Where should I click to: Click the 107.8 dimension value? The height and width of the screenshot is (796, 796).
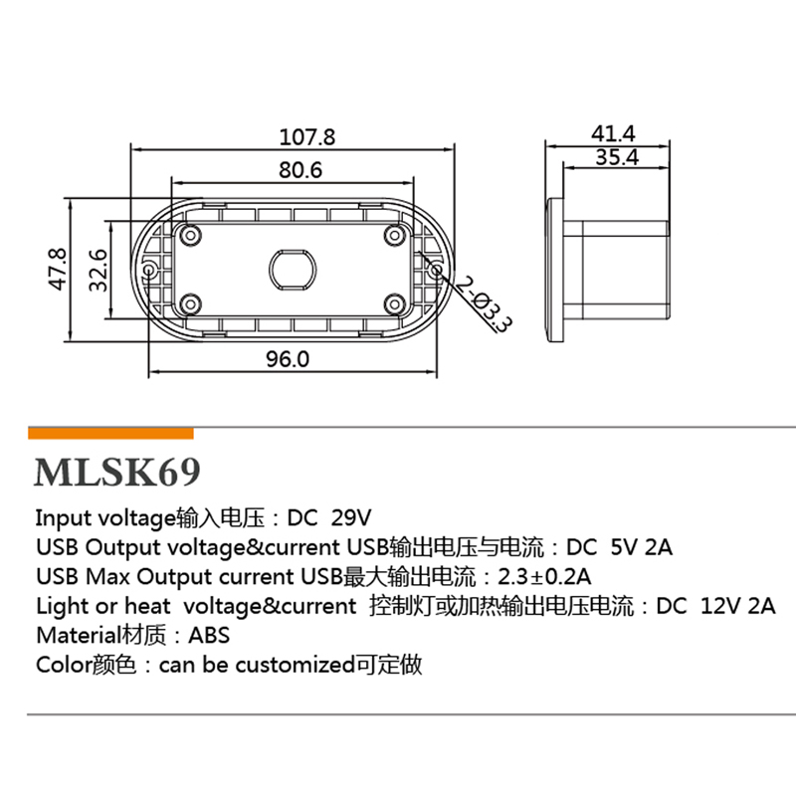click(x=307, y=137)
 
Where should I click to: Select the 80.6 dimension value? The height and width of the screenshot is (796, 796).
click(x=300, y=170)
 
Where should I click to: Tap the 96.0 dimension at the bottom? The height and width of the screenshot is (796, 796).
click(x=288, y=359)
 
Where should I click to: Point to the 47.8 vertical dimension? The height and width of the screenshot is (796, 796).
click(x=58, y=269)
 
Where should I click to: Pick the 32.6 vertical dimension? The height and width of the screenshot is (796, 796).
click(x=98, y=270)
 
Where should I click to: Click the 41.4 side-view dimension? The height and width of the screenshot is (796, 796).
click(x=613, y=133)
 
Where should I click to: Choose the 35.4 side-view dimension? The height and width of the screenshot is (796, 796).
click(x=617, y=157)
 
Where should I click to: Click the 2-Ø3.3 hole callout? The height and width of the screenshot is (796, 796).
click(x=484, y=304)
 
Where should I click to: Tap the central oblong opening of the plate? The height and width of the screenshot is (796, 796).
click(x=293, y=269)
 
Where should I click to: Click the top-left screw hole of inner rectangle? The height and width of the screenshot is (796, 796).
click(x=191, y=235)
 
